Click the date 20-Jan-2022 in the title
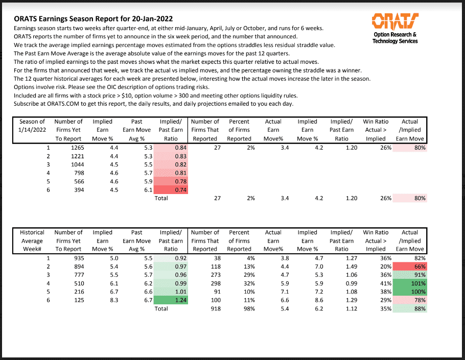click(152, 19)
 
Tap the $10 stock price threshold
click(127, 95)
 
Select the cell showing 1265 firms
click(77, 148)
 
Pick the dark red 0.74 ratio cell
click(171, 189)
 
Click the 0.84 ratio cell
click(171, 148)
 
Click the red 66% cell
click(410, 267)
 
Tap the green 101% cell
click(410, 283)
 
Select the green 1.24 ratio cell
click(171, 300)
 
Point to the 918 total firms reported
click(216, 308)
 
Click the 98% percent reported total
click(249, 308)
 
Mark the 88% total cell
click(410, 308)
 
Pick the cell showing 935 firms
click(79, 258)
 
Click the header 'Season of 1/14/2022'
click(32, 126)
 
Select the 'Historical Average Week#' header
click(32, 241)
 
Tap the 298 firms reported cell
click(216, 283)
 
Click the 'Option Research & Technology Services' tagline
click(395, 38)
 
